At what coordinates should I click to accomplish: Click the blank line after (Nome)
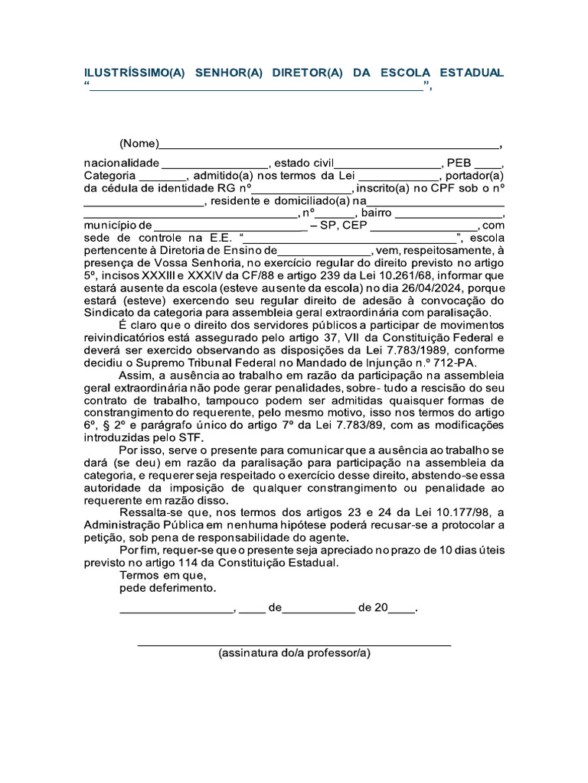point(329,145)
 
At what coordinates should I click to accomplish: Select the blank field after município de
point(230,226)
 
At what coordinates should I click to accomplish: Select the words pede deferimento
point(168,588)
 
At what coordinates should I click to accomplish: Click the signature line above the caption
point(294,645)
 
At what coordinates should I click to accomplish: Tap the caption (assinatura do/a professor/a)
point(294,654)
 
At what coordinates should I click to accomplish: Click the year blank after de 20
point(401,609)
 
